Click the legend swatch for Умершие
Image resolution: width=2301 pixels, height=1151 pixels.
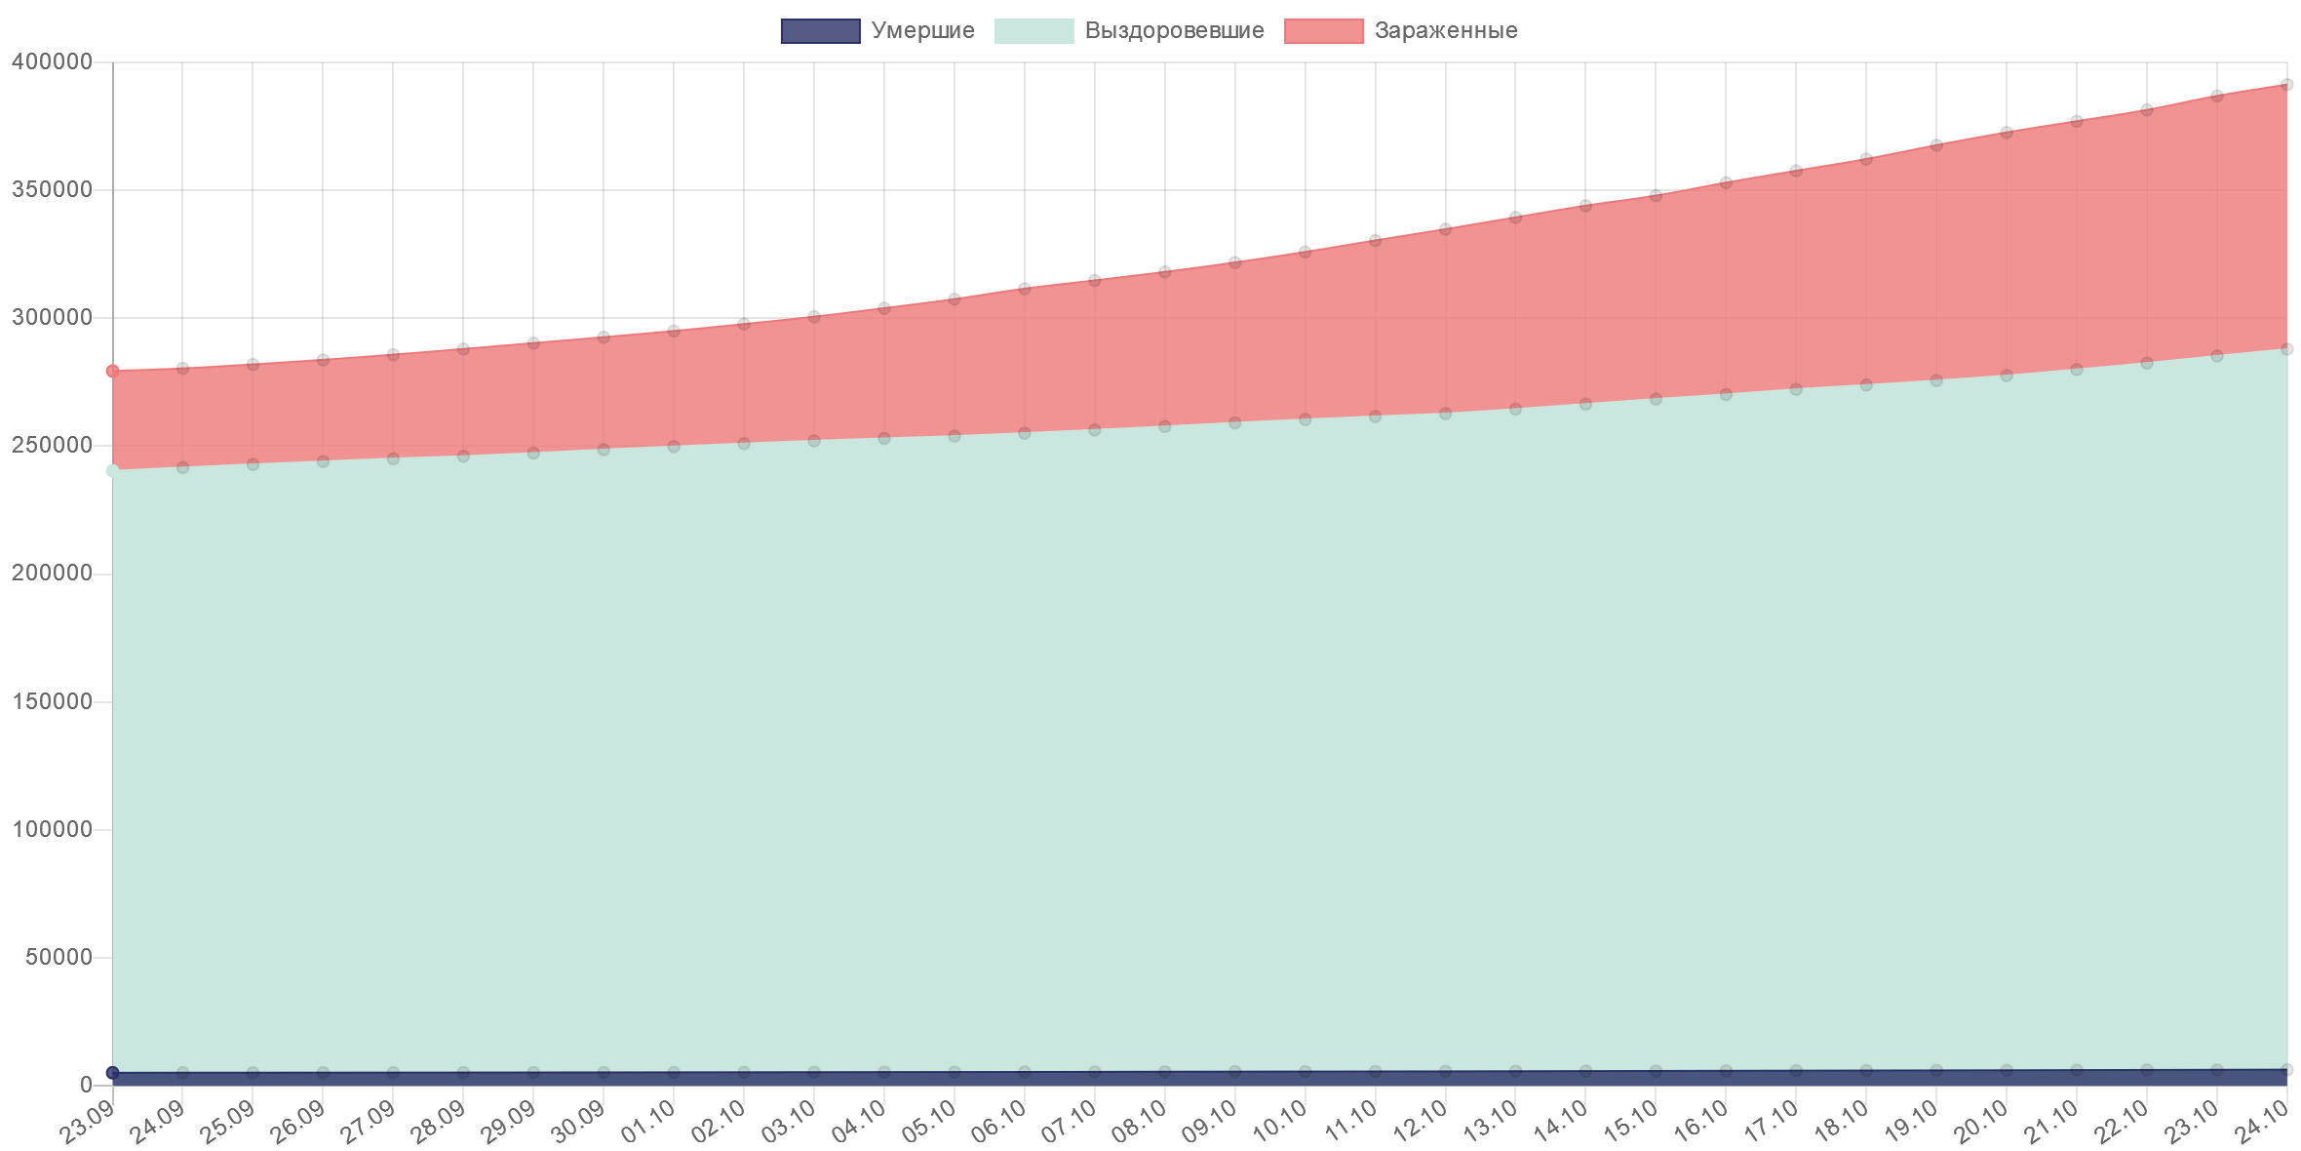[x=820, y=31]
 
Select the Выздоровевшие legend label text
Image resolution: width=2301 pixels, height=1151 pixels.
[x=1174, y=31]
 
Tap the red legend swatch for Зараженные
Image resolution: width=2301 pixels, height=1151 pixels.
[x=1324, y=31]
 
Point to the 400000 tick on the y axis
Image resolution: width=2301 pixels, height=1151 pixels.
[x=51, y=62]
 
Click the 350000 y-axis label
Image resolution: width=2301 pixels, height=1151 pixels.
[x=51, y=190]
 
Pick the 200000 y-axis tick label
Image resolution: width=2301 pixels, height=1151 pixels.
[x=51, y=574]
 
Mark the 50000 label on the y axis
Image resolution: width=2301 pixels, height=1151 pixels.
[x=57, y=957]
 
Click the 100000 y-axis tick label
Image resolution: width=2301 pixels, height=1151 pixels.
[x=51, y=829]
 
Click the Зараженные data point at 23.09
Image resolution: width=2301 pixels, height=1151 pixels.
[x=113, y=371]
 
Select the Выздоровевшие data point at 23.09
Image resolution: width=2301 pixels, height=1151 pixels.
[x=113, y=471]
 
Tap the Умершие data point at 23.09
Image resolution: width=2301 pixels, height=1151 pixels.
[x=113, y=1073]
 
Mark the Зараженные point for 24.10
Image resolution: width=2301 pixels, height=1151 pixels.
[x=2287, y=85]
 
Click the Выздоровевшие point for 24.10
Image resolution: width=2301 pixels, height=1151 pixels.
[x=2287, y=349]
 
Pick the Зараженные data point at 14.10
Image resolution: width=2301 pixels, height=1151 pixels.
[x=1585, y=205]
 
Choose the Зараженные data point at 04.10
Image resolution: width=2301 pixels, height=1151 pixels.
[x=884, y=307]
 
